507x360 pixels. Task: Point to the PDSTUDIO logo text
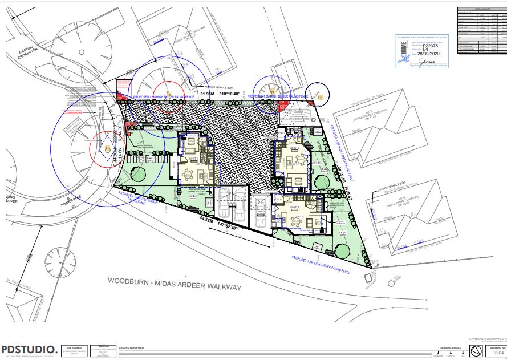tap(29, 349)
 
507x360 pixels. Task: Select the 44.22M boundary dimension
tap(207, 219)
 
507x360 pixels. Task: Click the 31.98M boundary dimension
tap(209, 94)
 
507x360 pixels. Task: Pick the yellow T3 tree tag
tap(272, 91)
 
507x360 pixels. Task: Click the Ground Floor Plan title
tap(132, 347)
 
